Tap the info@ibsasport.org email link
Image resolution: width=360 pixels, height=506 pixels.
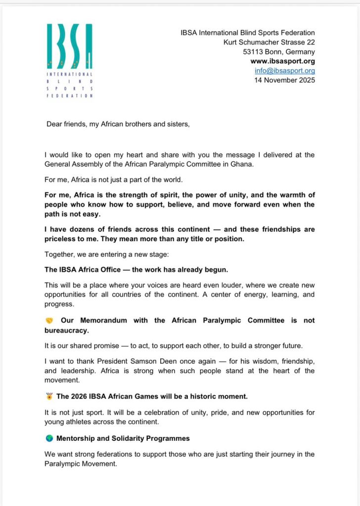tap(285, 71)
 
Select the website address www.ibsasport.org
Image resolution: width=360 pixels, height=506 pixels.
tap(283, 61)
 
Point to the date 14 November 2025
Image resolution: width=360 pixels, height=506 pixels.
tap(284, 80)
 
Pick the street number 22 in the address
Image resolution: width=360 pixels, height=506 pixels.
tap(311, 42)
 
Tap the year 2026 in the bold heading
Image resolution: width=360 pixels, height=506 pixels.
tap(81, 396)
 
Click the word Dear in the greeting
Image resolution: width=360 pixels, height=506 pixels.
tap(55, 124)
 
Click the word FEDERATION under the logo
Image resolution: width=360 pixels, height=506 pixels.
tap(69, 96)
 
